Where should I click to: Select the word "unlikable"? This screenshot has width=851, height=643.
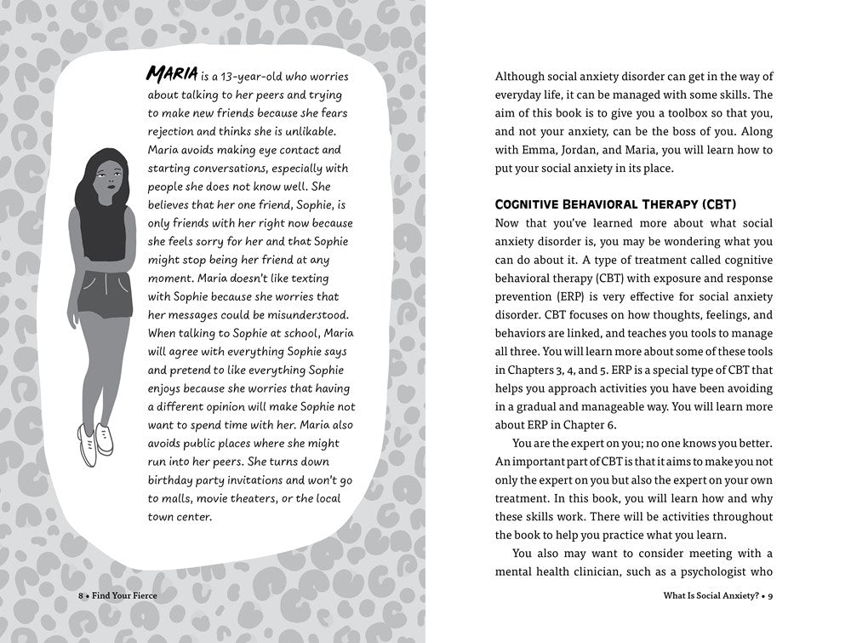point(308,131)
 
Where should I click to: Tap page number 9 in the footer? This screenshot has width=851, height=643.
point(770,595)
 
